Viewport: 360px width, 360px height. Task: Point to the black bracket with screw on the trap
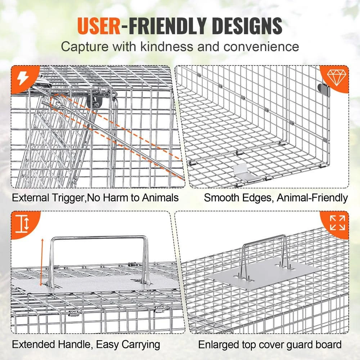pos(93,102)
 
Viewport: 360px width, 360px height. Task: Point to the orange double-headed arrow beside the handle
pos(42,261)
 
